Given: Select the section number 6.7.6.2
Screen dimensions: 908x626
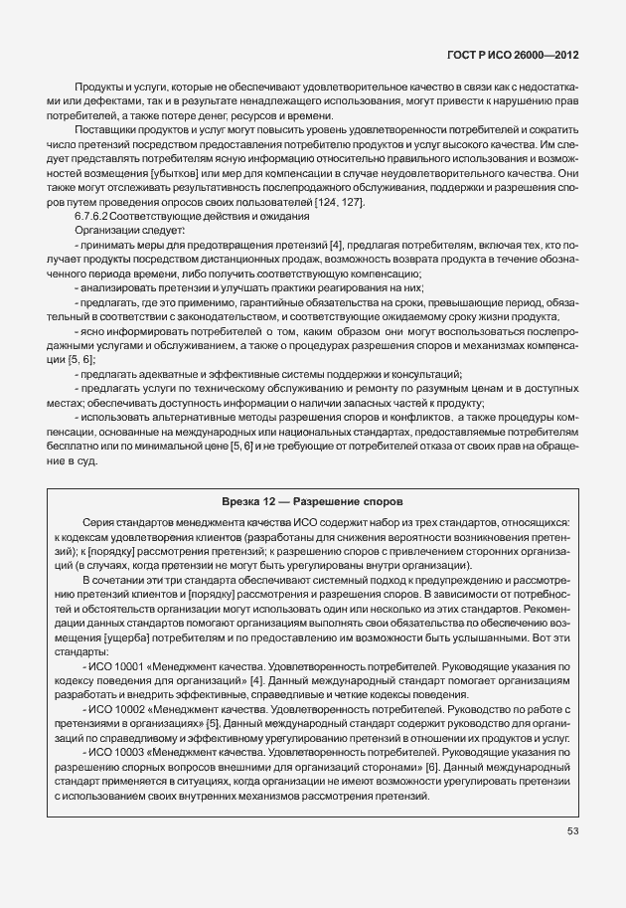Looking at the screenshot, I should tap(91, 217).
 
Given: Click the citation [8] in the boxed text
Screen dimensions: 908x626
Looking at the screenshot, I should tap(430, 769).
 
